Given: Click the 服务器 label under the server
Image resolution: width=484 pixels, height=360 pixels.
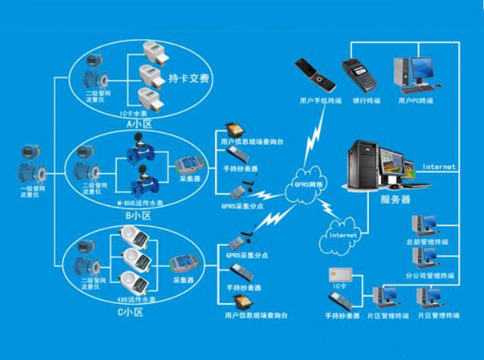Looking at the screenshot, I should point(395,199).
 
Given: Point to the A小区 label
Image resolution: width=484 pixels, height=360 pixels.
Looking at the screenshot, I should point(139,123).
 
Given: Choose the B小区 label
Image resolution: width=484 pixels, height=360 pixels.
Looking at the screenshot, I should point(139,215).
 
